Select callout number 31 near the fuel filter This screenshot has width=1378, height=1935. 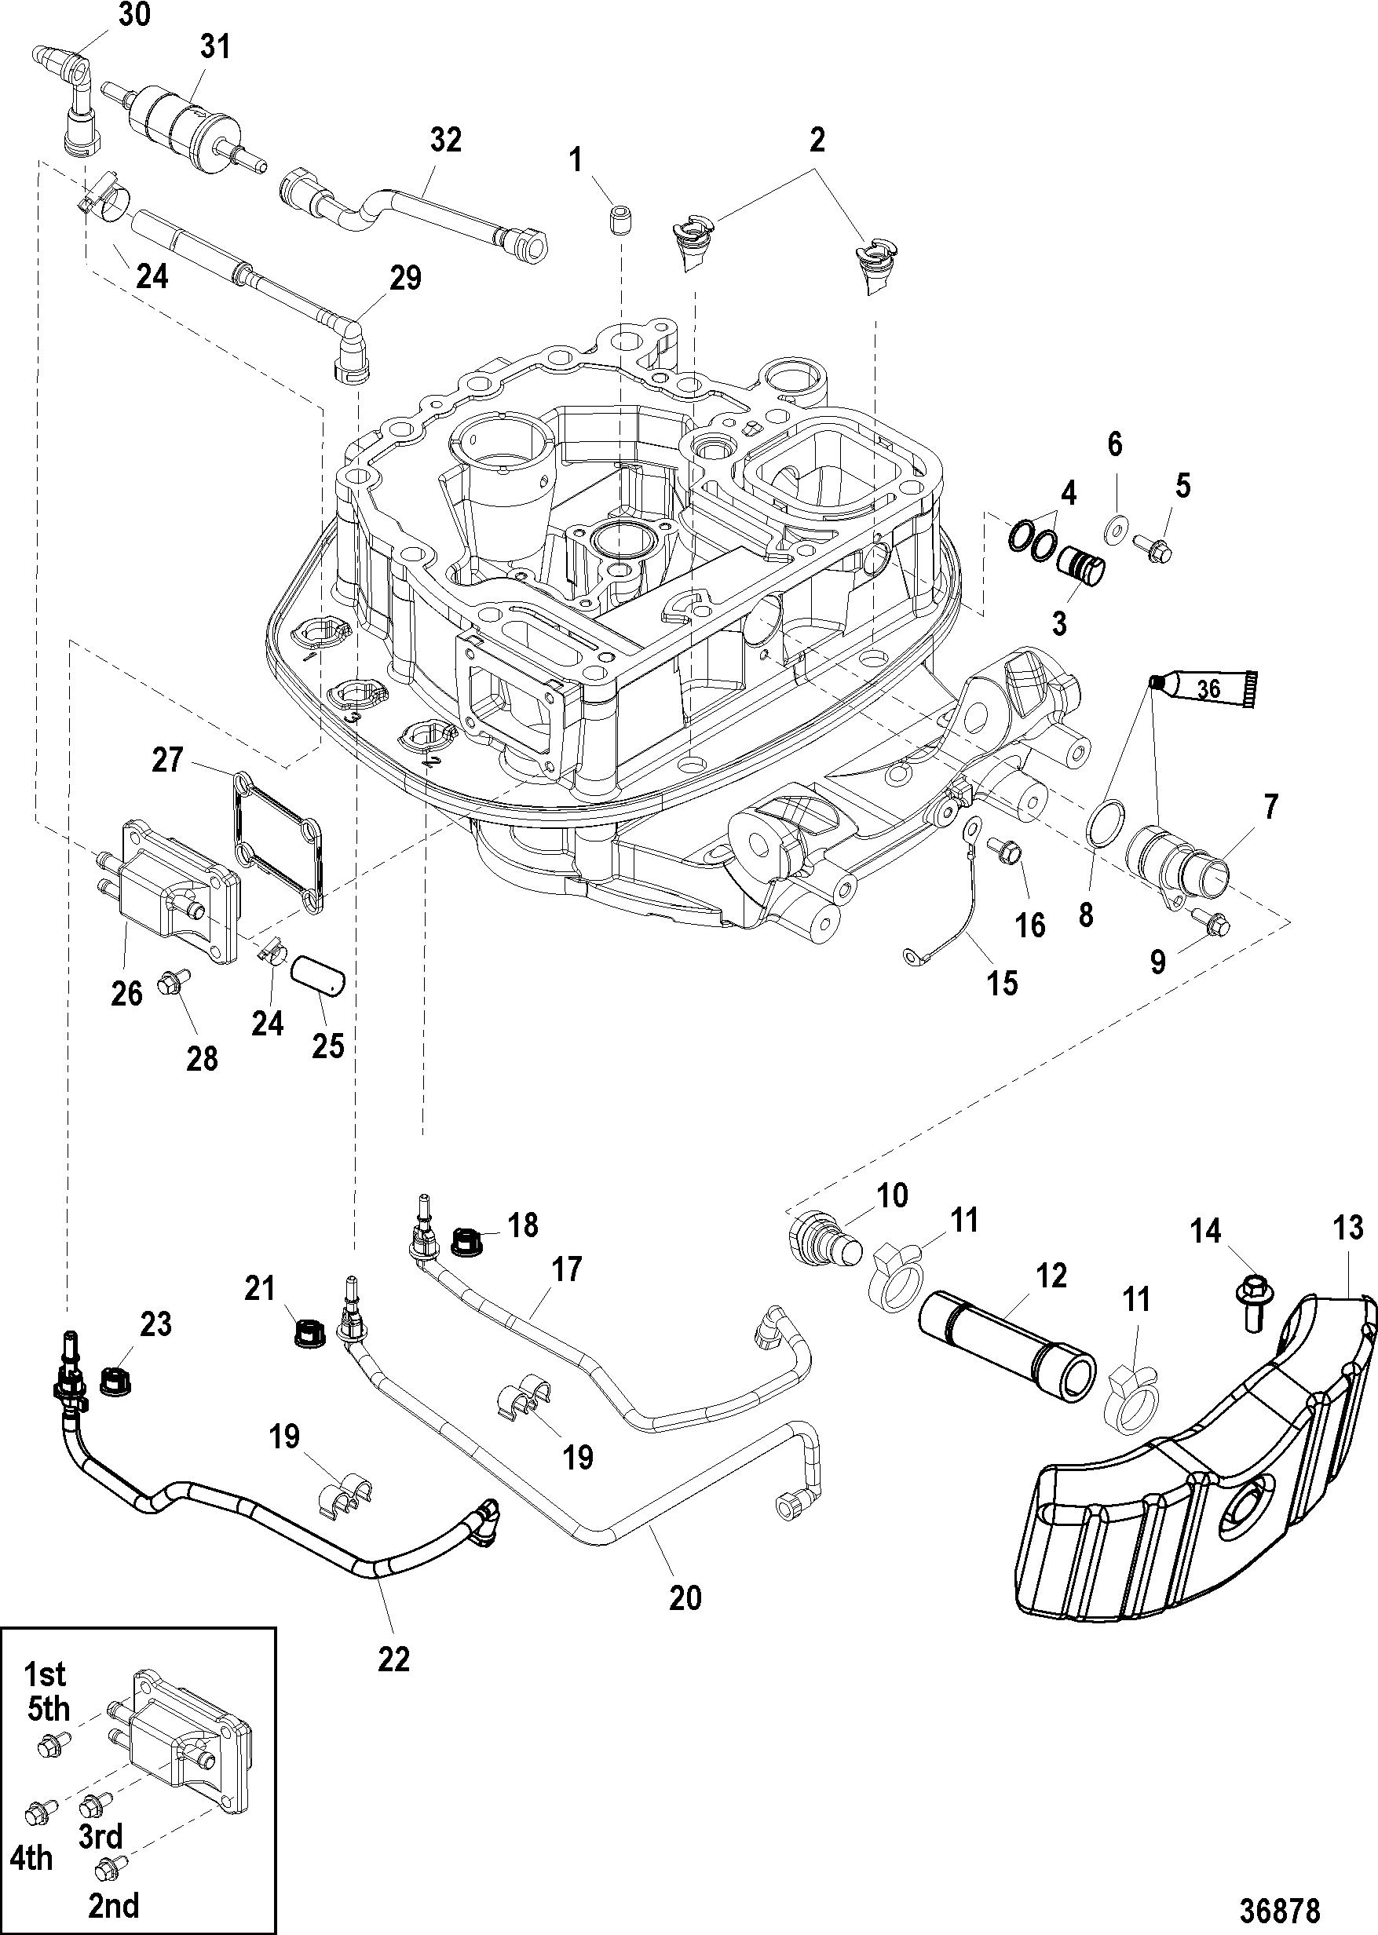click(x=215, y=48)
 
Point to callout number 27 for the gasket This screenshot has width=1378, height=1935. click(x=167, y=758)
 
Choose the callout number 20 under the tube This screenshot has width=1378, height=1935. click(x=685, y=1597)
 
